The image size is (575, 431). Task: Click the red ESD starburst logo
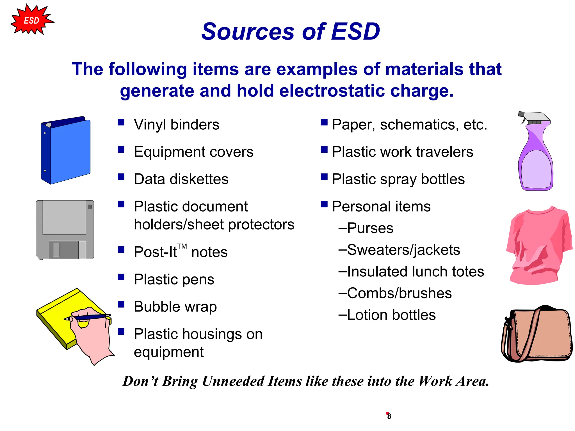31,20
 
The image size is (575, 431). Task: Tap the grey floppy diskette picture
65,230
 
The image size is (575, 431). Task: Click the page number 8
389,416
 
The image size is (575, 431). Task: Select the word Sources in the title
248,31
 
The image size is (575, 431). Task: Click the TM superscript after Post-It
182,246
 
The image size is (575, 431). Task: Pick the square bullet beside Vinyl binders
121,122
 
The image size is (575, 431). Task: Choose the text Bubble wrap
175,306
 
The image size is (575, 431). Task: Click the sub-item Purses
370,228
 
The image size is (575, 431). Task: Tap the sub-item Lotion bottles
391,315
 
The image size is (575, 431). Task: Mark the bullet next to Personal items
324,204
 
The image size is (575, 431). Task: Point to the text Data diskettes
181,179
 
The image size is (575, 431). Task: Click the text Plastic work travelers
402,152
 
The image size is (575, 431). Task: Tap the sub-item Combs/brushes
399,293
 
